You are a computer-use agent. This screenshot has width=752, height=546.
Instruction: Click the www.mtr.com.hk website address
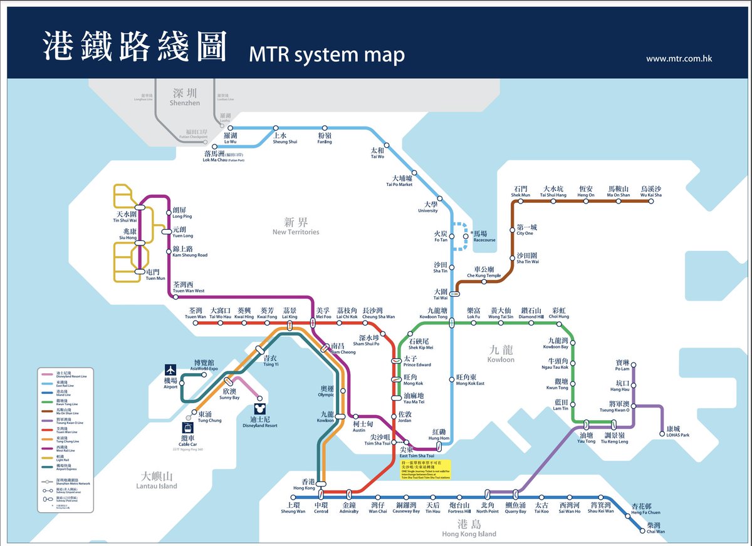click(679, 59)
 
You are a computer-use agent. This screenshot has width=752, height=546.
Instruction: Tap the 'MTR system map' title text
click(326, 55)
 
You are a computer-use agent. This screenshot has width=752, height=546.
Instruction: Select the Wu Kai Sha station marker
click(650, 201)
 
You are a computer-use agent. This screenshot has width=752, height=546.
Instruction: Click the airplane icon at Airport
click(171, 370)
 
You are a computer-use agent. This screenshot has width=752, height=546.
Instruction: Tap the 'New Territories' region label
click(296, 227)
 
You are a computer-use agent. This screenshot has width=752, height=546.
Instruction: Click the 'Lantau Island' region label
click(159, 481)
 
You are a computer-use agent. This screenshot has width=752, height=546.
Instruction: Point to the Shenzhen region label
click(184, 98)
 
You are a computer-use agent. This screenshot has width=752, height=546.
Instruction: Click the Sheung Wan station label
click(293, 508)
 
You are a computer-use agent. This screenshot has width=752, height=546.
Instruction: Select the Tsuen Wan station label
click(195, 314)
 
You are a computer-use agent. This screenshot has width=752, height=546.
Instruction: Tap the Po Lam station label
click(622, 365)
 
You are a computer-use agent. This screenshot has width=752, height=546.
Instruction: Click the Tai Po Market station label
click(399, 181)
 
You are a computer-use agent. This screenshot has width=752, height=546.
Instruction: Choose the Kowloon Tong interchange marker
click(452, 323)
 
